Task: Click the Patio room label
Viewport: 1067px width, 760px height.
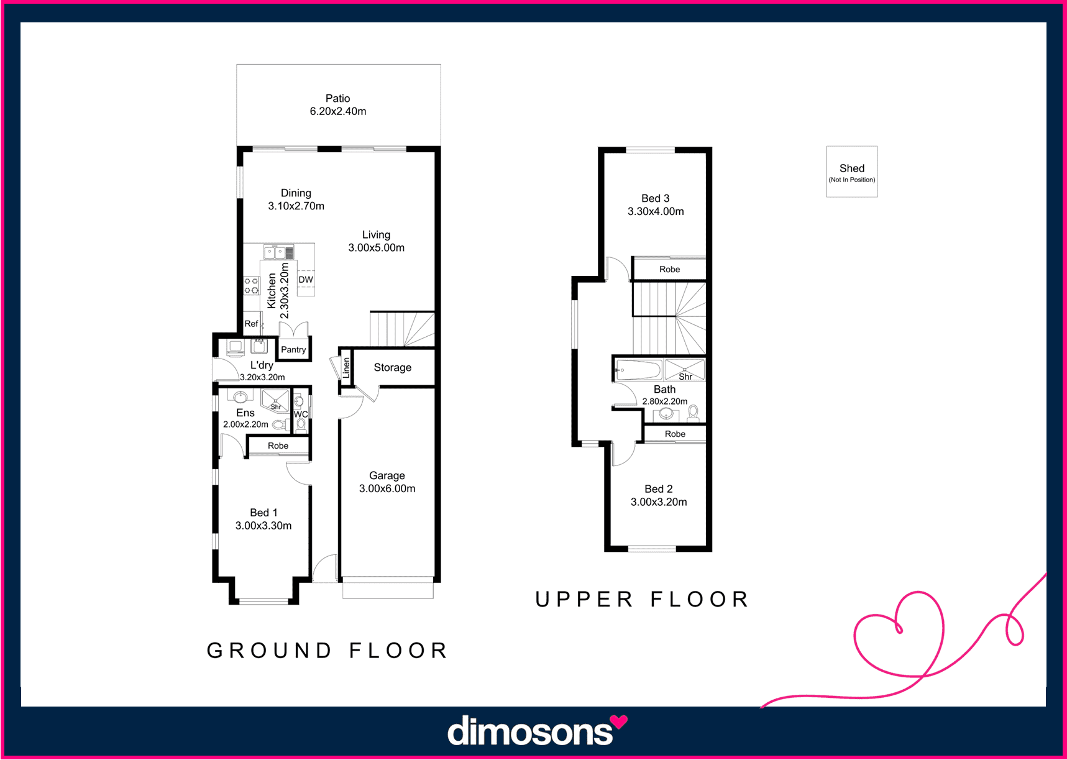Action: (338, 98)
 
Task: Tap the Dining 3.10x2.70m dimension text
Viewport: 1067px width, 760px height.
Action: (296, 206)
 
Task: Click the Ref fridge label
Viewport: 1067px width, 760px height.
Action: (251, 324)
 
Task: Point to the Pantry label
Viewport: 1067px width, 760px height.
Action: (293, 350)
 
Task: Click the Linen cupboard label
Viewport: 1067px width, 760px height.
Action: (346, 367)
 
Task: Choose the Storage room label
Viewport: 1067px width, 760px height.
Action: (393, 367)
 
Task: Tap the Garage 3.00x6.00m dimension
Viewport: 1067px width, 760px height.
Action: (387, 489)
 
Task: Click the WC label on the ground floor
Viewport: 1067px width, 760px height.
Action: (301, 414)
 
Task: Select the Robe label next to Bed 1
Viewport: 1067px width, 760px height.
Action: (278, 446)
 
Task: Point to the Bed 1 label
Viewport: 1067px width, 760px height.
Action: (263, 513)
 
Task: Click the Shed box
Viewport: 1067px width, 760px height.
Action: (852, 172)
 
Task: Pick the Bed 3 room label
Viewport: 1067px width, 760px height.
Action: (656, 198)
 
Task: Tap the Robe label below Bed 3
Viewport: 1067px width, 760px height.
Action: (670, 269)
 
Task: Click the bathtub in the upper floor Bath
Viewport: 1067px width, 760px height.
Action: (638, 370)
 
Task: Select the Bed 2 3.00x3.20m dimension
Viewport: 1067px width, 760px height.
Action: (659, 502)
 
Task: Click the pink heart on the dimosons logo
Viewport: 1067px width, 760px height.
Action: (619, 722)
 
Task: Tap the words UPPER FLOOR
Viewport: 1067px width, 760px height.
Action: (642, 599)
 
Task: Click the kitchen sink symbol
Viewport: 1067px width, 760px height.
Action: (274, 252)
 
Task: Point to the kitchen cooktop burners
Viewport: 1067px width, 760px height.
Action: (251, 286)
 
